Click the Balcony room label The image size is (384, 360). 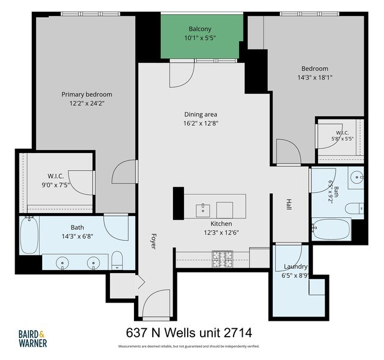(200, 29)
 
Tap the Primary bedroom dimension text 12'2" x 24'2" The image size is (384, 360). (87, 103)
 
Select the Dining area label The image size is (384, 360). (201, 114)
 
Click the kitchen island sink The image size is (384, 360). (203, 211)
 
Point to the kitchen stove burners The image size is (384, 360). (223, 259)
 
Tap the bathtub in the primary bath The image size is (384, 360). (29, 236)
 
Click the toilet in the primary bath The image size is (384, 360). (117, 260)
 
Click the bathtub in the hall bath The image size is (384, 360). (331, 230)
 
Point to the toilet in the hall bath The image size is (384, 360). (355, 209)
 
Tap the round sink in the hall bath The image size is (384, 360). (357, 176)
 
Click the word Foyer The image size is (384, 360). (153, 241)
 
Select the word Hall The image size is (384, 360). (289, 204)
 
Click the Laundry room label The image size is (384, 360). (295, 266)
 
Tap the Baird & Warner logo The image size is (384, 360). (33, 339)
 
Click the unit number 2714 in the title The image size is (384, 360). (238, 333)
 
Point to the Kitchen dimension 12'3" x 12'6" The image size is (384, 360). (221, 233)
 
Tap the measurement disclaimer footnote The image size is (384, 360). (189, 347)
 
